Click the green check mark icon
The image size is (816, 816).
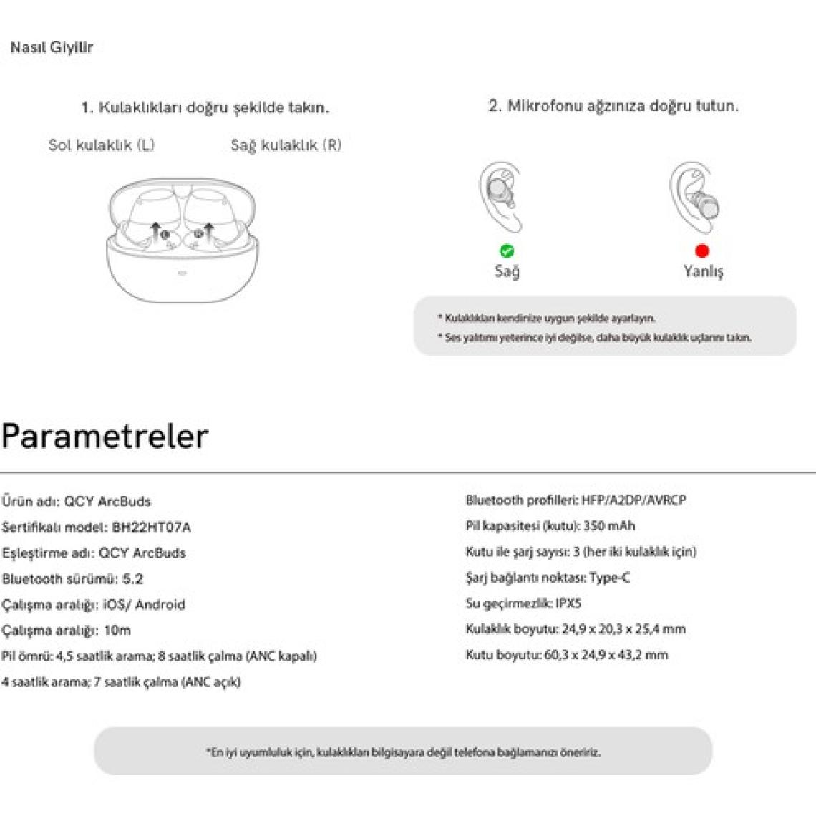(x=507, y=251)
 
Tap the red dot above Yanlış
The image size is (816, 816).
(x=702, y=251)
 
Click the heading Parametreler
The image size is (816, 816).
(x=105, y=436)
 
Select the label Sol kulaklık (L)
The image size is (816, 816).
(x=102, y=145)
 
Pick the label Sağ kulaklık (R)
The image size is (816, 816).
(x=286, y=145)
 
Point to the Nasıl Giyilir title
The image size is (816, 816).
(x=52, y=48)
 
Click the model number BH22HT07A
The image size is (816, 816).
(x=152, y=528)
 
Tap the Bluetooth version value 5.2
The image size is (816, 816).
(x=132, y=579)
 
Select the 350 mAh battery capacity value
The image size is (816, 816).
(x=609, y=526)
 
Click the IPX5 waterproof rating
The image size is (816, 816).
(x=568, y=603)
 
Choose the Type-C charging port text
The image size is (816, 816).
(x=610, y=578)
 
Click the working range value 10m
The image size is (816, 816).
(x=117, y=631)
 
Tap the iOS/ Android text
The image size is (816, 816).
(x=144, y=605)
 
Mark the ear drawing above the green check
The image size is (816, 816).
(x=500, y=196)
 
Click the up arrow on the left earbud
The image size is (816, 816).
(x=155, y=230)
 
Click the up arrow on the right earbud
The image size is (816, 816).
(x=208, y=230)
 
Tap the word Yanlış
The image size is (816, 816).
(x=703, y=271)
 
